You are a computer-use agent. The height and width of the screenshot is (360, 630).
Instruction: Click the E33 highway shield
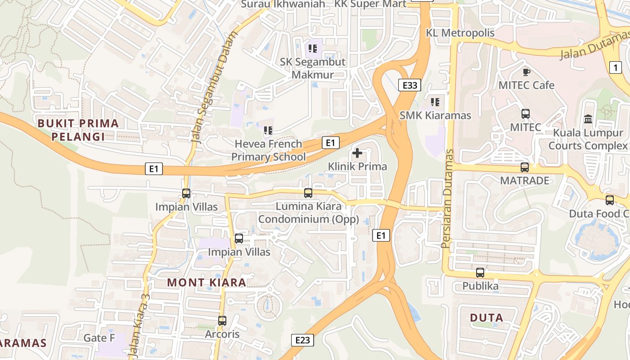click(409, 85)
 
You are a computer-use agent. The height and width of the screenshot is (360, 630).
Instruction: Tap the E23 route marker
click(302, 340)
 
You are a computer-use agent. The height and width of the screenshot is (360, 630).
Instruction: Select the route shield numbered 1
click(615, 67)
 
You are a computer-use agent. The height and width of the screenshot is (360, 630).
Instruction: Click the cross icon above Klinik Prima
click(357, 153)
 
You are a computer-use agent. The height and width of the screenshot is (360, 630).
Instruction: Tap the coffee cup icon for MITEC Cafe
click(526, 72)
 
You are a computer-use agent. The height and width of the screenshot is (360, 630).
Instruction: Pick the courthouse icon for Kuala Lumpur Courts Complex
click(588, 119)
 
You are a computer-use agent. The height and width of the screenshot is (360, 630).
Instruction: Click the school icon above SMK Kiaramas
click(435, 102)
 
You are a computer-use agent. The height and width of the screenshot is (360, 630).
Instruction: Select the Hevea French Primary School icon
click(268, 131)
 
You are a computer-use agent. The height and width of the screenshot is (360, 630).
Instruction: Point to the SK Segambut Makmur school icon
click(313, 49)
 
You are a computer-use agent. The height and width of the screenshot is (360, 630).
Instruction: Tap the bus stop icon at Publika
click(480, 273)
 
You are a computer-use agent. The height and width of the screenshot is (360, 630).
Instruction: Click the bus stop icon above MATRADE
click(525, 167)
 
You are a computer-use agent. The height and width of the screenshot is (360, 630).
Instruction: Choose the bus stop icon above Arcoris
click(222, 321)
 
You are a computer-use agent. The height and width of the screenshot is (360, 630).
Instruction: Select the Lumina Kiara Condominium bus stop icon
click(308, 193)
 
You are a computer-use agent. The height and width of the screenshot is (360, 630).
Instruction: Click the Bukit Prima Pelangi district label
click(78, 130)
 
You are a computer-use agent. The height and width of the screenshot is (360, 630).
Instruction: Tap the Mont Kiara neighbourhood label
click(207, 283)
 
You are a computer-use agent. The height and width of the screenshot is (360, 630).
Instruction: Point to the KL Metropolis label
click(460, 33)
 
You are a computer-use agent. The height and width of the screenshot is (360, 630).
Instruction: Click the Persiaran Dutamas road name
click(446, 198)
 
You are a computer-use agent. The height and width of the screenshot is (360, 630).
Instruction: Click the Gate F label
click(99, 338)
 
